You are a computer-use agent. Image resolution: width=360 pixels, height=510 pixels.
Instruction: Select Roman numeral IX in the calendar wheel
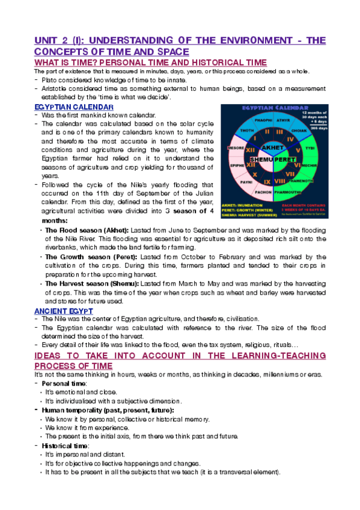tap(267, 181)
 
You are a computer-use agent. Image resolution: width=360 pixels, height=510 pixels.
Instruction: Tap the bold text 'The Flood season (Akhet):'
tap(85, 230)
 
